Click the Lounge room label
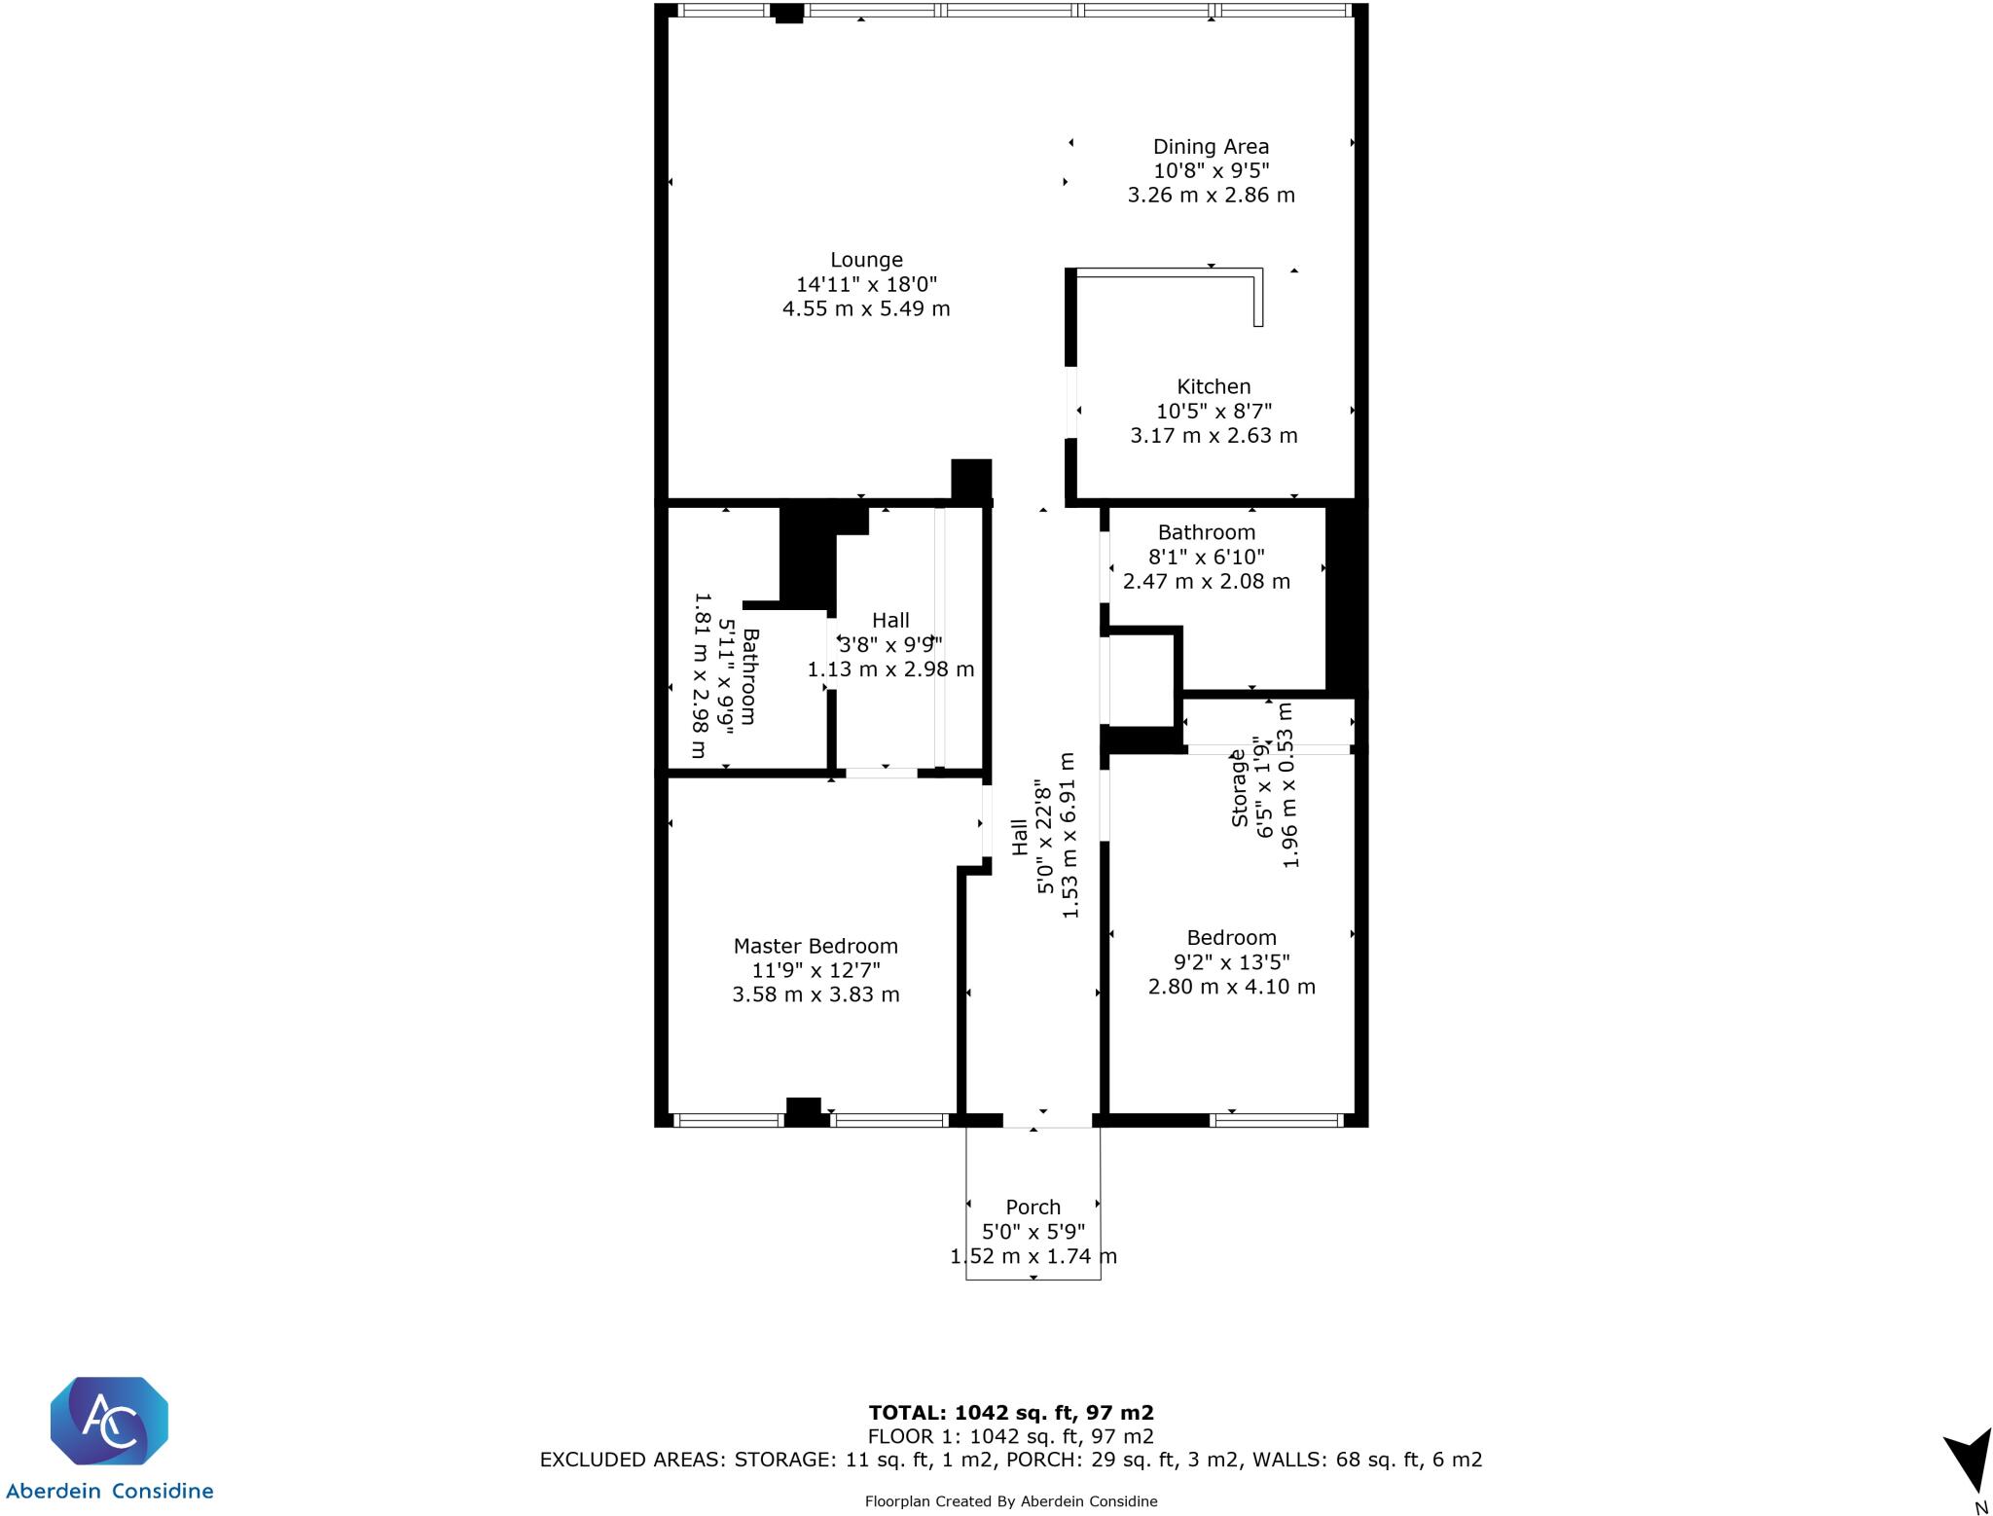click(866, 260)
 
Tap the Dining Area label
click(1211, 147)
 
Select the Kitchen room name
click(1214, 386)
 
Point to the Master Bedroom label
click(815, 946)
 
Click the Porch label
click(1033, 1207)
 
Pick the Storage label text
click(1239, 788)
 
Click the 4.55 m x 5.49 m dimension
click(866, 309)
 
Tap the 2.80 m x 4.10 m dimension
click(1231, 987)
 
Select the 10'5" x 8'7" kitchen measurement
click(1214, 411)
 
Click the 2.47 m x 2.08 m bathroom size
click(1207, 582)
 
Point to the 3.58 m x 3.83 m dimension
click(815, 994)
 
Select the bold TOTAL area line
click(1010, 1413)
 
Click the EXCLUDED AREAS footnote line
click(1010, 1460)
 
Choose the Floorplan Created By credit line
click(1010, 1501)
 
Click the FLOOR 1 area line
click(1010, 1436)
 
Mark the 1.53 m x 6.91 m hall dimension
click(1069, 835)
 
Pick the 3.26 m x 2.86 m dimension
click(1211, 195)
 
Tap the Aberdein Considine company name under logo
click(109, 1491)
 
